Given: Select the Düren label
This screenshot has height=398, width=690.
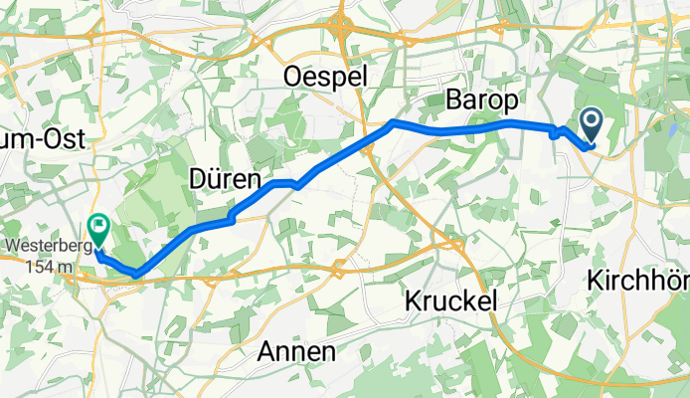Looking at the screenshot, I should pyautogui.click(x=225, y=180).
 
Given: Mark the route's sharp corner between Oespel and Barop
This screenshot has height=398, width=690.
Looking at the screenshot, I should pyautogui.click(x=394, y=122).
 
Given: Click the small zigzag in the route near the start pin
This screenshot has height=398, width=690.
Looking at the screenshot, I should pyautogui.click(x=557, y=131).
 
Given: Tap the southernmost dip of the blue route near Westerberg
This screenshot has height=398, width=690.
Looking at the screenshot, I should pyautogui.click(x=137, y=273).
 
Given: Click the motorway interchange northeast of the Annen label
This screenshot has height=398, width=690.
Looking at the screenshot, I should pyautogui.click(x=338, y=268).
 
